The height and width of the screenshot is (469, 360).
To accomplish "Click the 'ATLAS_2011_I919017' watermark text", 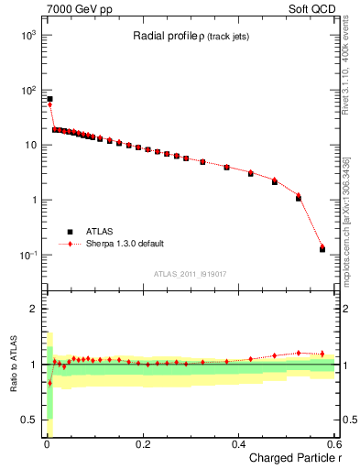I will pos(190,274).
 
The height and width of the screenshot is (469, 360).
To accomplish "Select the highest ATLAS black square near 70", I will pos(49,99).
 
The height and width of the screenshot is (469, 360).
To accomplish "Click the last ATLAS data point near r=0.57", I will pos(322,249).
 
